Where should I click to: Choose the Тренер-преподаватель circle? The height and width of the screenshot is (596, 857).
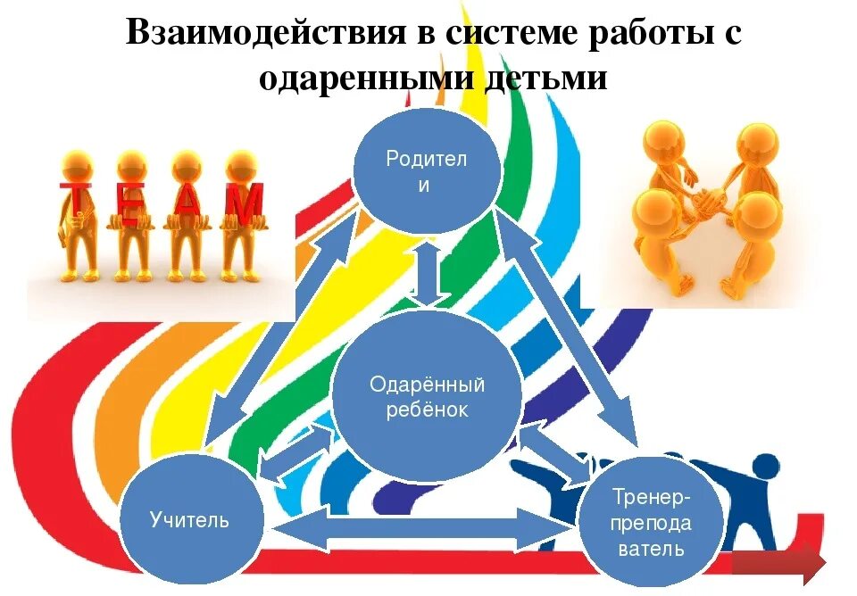tap(651, 522)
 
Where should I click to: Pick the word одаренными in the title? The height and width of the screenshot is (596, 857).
tap(367, 78)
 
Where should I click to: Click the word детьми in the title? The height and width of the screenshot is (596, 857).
tap(547, 78)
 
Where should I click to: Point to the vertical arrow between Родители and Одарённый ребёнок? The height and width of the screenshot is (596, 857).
tap(428, 275)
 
